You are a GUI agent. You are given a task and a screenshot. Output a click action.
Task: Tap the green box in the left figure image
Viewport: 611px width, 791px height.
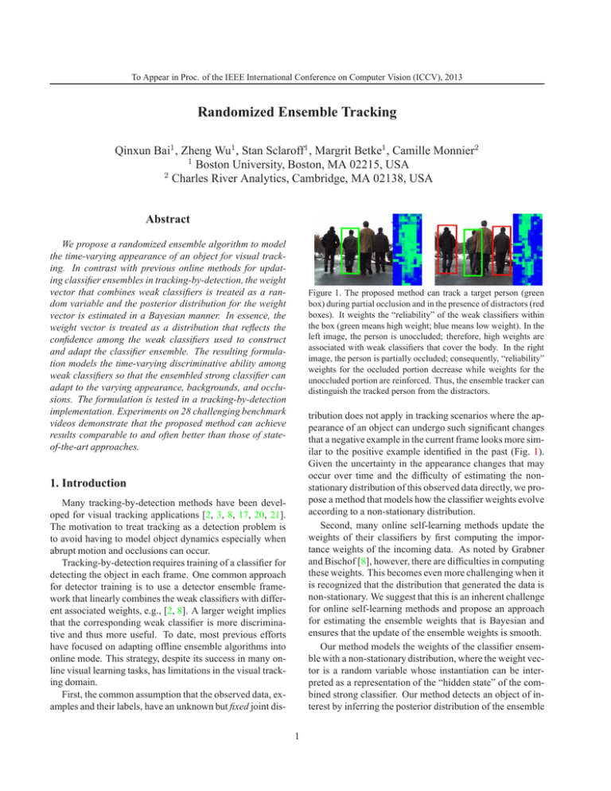[350, 252]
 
